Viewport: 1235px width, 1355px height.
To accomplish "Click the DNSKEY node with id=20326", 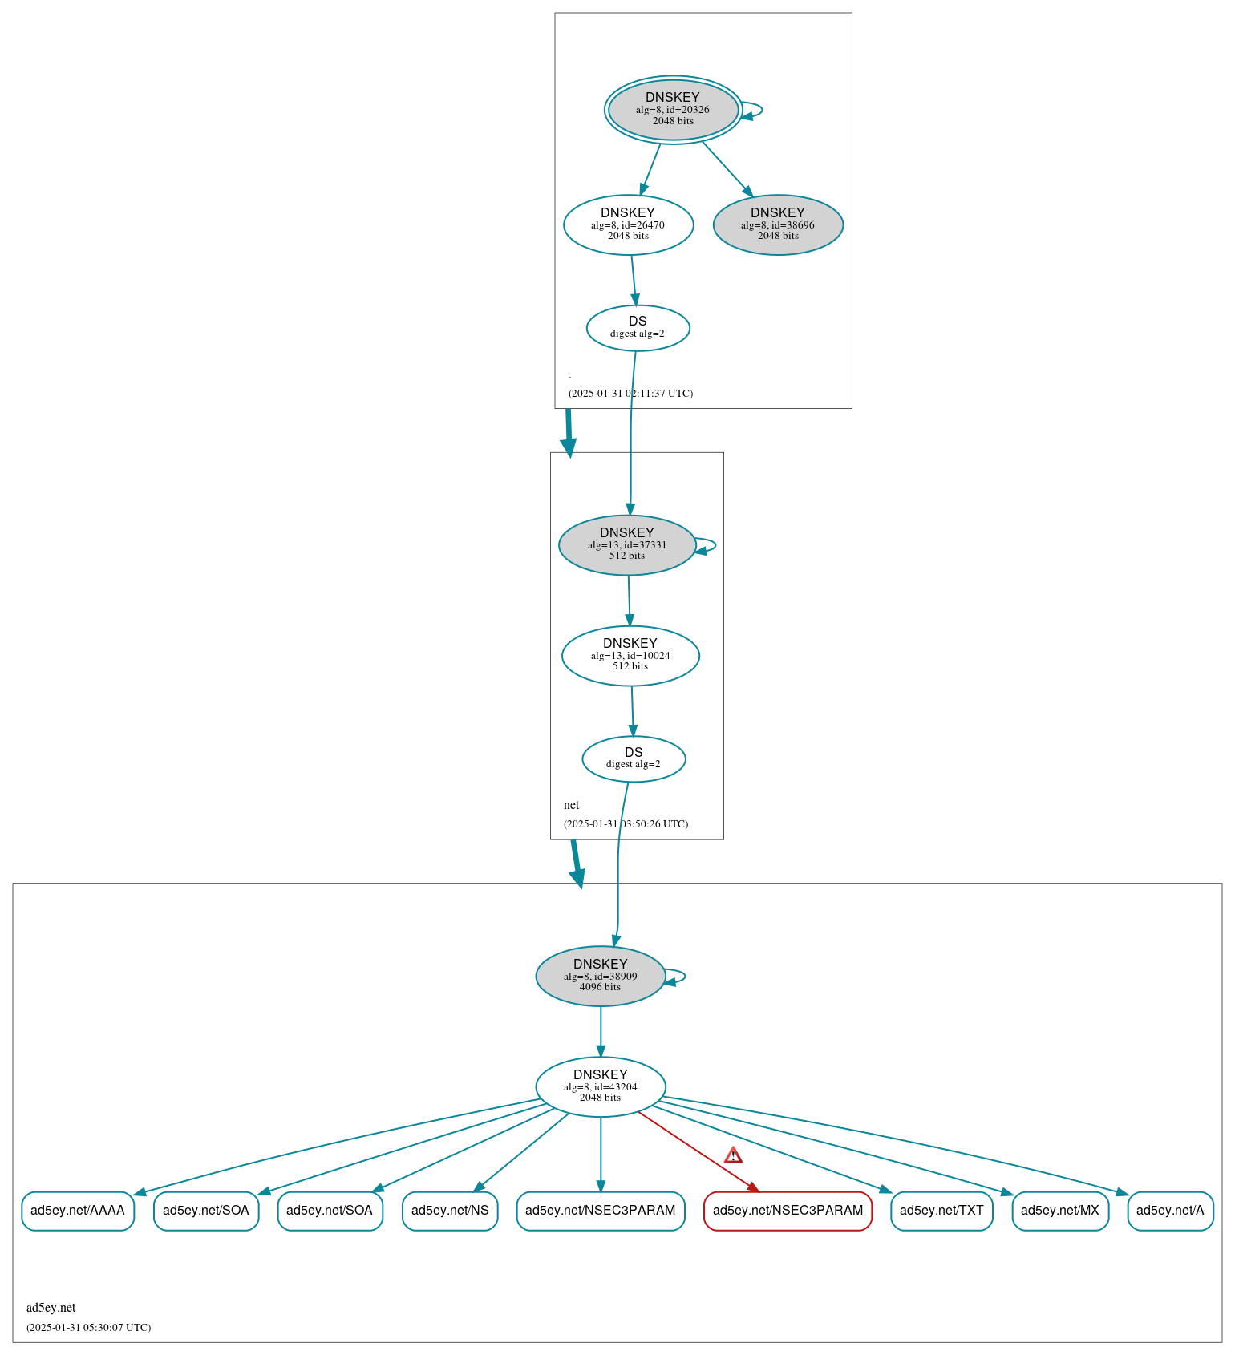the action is point(673,110).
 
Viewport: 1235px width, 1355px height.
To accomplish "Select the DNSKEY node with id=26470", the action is point(628,224).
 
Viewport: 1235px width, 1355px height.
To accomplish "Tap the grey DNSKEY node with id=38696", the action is point(778,224).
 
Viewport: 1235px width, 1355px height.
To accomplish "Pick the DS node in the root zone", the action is point(638,328).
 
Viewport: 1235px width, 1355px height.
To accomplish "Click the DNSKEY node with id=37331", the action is point(627,545).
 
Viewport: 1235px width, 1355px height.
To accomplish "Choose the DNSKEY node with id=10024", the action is point(630,656).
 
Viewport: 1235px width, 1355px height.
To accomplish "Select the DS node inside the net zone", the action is point(634,758).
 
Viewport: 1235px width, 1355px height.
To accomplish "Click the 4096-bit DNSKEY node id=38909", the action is point(601,977).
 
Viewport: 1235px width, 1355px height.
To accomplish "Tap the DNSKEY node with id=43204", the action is point(601,1087).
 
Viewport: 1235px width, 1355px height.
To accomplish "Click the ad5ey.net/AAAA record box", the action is point(78,1211).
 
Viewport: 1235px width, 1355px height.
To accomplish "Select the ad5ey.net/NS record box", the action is point(450,1211).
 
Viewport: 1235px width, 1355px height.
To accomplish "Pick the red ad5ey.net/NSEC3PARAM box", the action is point(788,1211).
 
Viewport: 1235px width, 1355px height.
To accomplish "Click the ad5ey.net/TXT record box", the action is point(941,1211).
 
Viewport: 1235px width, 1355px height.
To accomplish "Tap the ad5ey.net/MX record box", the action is point(1060,1211).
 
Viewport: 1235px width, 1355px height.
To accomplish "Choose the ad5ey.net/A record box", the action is point(1170,1211).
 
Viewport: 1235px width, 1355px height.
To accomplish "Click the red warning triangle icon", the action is point(733,1155).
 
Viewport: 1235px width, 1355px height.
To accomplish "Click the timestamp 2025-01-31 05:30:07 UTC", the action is point(88,1327).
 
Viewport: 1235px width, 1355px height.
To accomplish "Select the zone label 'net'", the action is point(571,805).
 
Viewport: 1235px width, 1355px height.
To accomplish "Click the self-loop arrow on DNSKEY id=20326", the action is point(752,110).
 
